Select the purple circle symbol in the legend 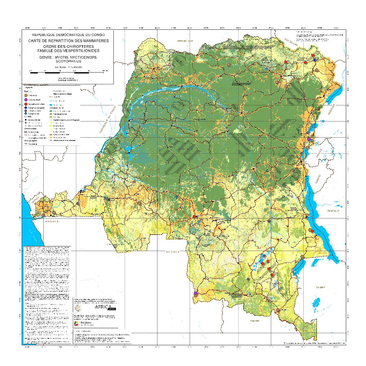pos(26,100)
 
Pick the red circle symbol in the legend pos(26,104)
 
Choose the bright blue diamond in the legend pos(26,108)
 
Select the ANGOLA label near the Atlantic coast pos(52,222)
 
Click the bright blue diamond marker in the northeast pos(315,60)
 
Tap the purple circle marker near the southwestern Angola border pos(196,293)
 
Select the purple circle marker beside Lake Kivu pos(308,139)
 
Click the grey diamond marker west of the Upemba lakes pos(248,280)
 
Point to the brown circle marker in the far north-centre pos(228,64)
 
